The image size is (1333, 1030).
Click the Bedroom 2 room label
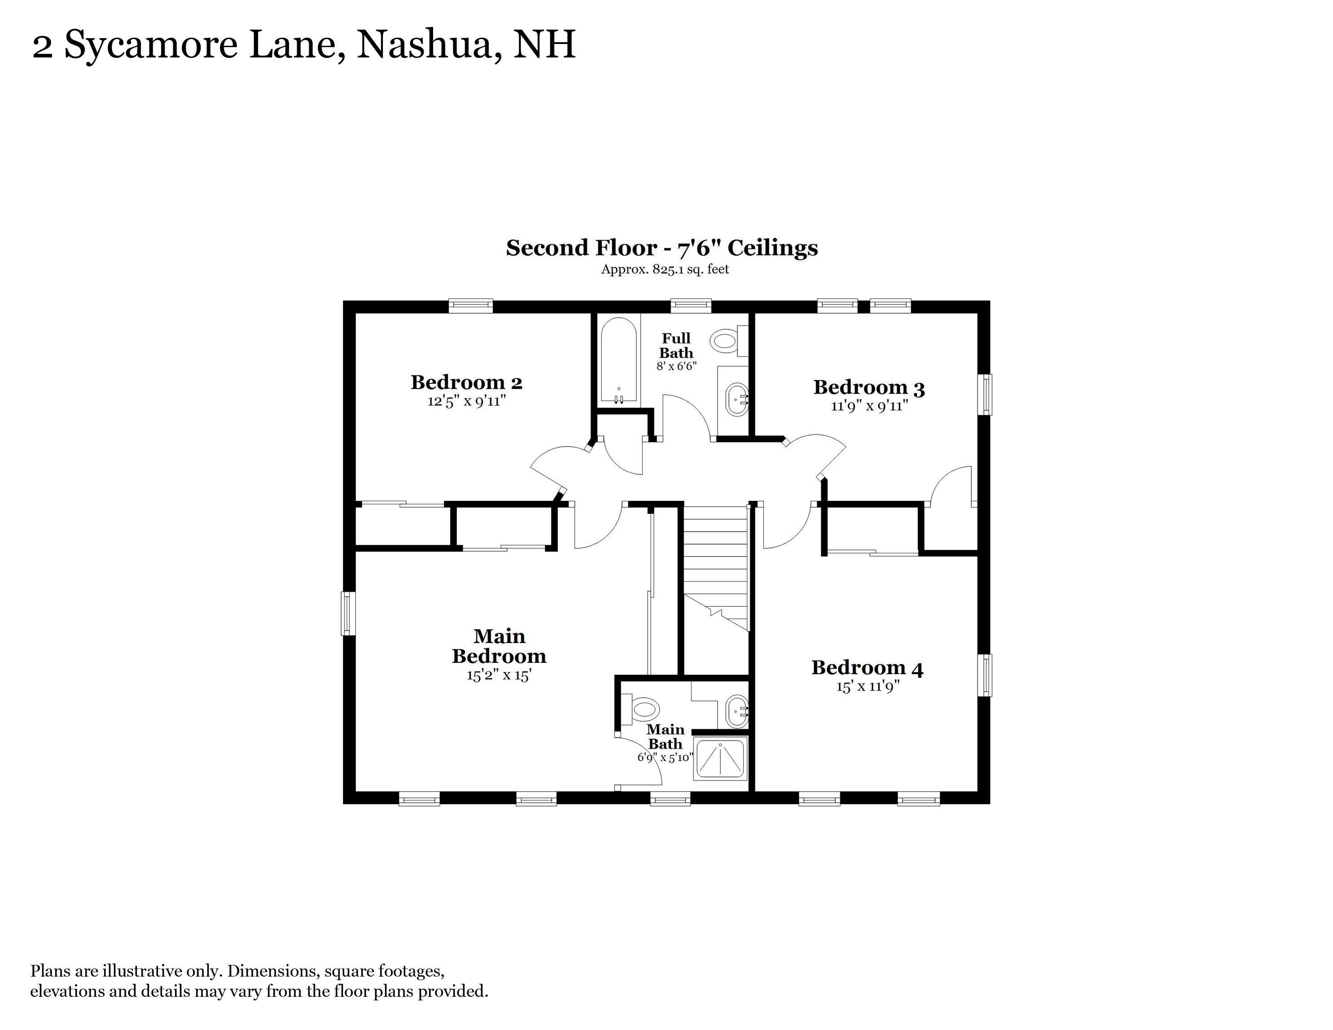pyautogui.click(x=466, y=382)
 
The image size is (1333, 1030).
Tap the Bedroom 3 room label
pyautogui.click(x=869, y=387)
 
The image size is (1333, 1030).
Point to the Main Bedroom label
pyautogui.click(x=499, y=646)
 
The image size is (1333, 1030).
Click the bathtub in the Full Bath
pyautogui.click(x=619, y=361)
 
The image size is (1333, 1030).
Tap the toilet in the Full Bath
pyautogui.click(x=730, y=341)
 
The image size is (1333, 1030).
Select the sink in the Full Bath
pyautogui.click(x=737, y=400)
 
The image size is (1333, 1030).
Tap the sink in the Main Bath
pyautogui.click(x=737, y=711)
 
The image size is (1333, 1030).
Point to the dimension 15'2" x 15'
pyautogui.click(x=499, y=675)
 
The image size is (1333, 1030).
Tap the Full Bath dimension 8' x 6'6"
pyautogui.click(x=676, y=366)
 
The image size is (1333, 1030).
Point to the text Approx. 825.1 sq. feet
pyautogui.click(x=665, y=269)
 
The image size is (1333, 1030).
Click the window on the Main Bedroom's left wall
pyautogui.click(x=348, y=613)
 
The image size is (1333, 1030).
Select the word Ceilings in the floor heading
pyautogui.click(x=773, y=248)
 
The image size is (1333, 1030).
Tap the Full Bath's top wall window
pyautogui.click(x=691, y=306)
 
